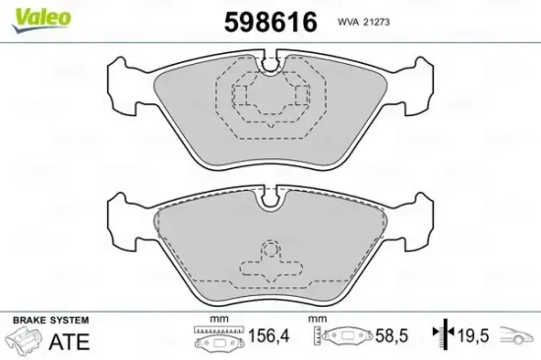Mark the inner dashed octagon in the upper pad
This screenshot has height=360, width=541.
coord(268,96)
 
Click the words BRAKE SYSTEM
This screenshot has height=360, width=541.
coord(49,321)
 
